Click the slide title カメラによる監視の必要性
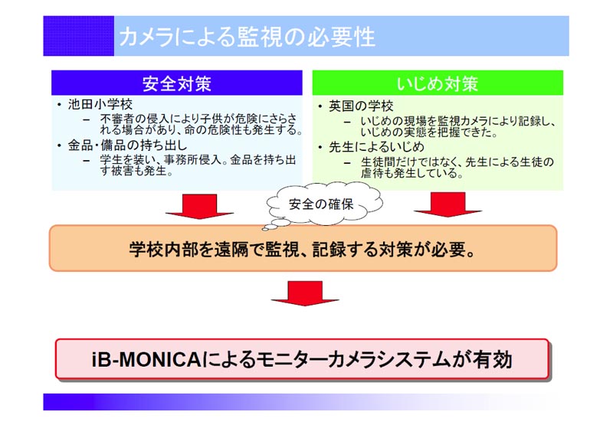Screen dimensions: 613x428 pos(247,37)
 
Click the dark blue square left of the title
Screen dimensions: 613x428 pos(79,36)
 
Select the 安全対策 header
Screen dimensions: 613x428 pos(177,83)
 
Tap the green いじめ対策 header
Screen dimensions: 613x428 pos(438,83)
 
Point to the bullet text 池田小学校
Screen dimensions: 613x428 pos(100,104)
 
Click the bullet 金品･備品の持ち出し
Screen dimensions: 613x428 pos(127,145)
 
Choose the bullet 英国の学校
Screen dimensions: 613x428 pos(361,106)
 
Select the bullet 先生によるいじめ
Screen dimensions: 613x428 pos(376,147)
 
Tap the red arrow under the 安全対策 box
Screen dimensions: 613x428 pos(200,206)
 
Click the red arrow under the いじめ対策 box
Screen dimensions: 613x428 pos(448,204)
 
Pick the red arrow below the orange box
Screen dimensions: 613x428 pos(305,293)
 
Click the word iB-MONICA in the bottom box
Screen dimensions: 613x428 pos(146,360)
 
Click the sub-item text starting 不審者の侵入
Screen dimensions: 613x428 pos(202,124)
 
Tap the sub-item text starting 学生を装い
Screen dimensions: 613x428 pos(198,165)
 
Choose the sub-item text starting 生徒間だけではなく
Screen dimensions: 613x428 pos(457,167)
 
